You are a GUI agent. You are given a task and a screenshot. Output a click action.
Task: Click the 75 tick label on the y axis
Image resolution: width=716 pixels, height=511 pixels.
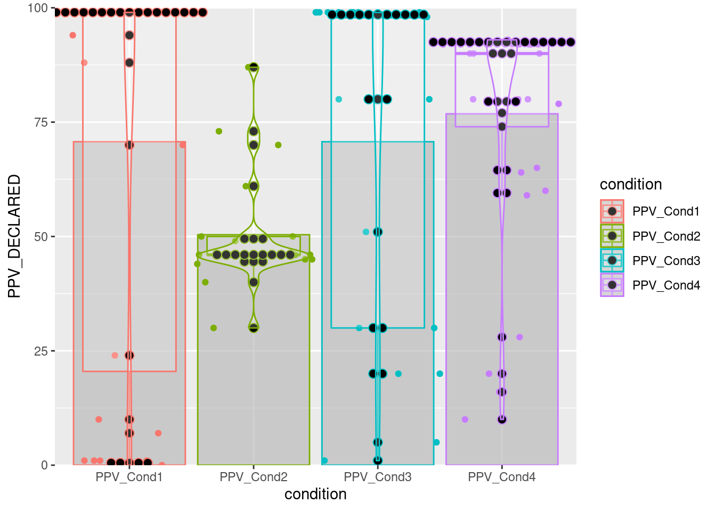point(40,122)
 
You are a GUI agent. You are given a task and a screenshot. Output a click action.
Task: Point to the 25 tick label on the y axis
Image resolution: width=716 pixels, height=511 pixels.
point(40,351)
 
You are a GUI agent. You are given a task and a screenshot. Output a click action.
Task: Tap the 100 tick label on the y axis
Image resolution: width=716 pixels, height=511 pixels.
point(37,9)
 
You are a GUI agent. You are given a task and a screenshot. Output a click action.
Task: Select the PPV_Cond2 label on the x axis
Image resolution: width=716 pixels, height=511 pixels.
point(254,477)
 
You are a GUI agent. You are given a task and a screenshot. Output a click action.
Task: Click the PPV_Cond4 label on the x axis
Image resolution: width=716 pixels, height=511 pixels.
point(502,477)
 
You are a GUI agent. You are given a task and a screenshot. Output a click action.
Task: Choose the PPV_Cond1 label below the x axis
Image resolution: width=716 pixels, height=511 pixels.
point(129,477)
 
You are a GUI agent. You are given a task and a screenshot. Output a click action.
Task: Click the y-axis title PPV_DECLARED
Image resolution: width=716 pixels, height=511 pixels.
point(14,236)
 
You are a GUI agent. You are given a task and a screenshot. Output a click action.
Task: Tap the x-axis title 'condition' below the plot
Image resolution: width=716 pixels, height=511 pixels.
point(315,494)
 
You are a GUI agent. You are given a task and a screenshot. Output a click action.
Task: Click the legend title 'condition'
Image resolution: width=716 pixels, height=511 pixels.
point(631,185)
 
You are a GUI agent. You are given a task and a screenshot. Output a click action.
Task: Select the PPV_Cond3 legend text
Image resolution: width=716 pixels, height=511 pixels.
point(666,261)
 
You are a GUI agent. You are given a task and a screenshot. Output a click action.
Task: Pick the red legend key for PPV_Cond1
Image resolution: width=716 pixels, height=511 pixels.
point(612,211)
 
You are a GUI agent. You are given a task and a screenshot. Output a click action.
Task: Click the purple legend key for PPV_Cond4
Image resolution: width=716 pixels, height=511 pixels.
point(612,285)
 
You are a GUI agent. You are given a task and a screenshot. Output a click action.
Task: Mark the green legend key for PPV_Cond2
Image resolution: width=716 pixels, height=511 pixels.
point(612,236)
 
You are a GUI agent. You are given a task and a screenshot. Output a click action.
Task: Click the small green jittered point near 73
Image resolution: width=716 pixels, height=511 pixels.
point(219,131)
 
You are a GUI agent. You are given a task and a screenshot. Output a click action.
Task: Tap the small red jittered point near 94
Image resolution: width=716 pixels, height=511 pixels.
point(73,36)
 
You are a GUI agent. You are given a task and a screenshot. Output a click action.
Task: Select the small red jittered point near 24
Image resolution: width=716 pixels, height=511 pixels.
point(115,356)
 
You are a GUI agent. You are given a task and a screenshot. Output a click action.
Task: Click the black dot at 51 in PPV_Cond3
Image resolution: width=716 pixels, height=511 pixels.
point(378,232)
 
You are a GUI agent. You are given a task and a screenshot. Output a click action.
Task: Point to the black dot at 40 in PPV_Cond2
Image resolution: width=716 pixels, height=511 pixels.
point(254,282)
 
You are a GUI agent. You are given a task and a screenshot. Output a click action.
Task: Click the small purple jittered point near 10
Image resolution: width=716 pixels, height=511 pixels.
point(465,419)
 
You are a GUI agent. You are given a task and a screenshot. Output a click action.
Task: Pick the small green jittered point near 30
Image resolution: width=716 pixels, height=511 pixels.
point(214,328)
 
